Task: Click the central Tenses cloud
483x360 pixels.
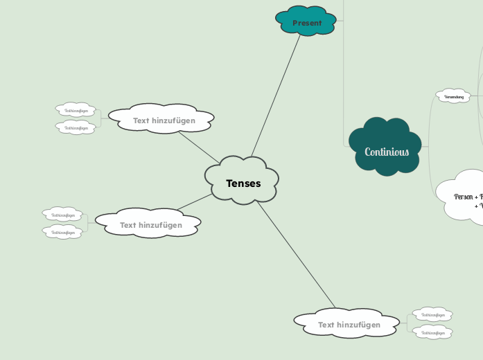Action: tap(243, 183)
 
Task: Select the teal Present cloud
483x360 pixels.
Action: tap(306, 22)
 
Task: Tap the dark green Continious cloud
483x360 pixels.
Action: tap(386, 152)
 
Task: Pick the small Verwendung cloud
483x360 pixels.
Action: tap(453, 96)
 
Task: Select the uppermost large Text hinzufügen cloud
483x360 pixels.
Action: tap(164, 120)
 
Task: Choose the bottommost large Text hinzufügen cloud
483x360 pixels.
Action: tap(349, 325)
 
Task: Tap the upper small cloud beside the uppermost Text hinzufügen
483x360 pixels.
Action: tap(76, 110)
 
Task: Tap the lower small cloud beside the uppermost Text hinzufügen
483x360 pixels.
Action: tap(76, 128)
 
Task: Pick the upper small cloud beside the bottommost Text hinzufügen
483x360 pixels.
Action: tap(432, 315)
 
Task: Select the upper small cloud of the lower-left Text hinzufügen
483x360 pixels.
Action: tap(62, 215)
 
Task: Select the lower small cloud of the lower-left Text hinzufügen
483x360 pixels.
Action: tap(62, 233)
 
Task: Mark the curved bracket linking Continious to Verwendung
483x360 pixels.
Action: tap(430, 121)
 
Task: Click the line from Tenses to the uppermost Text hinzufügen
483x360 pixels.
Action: tap(199, 147)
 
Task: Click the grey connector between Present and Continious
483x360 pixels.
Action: tap(344, 83)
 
